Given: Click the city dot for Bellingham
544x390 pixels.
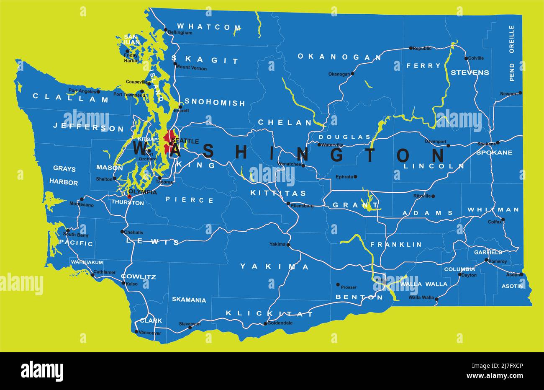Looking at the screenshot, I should [x=166, y=30].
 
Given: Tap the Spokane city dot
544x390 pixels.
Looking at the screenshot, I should [x=498, y=143].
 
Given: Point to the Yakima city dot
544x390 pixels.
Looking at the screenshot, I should [x=288, y=245].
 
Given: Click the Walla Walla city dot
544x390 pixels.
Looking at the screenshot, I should [x=436, y=299].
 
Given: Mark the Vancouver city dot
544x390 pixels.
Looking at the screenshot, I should [x=136, y=331].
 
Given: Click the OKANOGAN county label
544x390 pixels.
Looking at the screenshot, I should [x=339, y=57].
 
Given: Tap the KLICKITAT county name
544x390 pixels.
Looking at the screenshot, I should [x=269, y=313].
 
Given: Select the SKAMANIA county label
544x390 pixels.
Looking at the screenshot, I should [x=189, y=300].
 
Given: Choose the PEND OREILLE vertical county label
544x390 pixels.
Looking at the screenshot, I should [x=511, y=53].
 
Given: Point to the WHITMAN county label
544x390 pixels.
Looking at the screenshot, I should [x=493, y=209].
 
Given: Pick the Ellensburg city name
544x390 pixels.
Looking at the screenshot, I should [x=302, y=206].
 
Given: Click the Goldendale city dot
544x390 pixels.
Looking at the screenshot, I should [x=265, y=323].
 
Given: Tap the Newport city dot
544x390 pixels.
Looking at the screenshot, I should [x=520, y=93].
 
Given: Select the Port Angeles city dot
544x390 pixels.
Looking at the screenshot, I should [x=98, y=92].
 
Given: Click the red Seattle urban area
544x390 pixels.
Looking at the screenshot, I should [x=169, y=142].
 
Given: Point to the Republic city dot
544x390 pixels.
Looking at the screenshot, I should [x=411, y=48].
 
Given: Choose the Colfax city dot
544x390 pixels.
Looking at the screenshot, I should [x=503, y=220].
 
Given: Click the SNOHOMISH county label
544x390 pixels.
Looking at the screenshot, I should [x=215, y=102].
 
